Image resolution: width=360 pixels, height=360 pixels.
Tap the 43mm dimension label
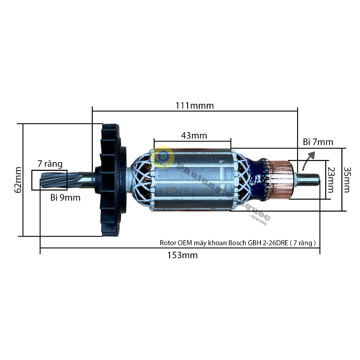point(194,135)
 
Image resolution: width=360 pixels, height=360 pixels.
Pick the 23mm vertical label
point(330,180)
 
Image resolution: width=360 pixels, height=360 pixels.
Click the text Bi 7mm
point(318,142)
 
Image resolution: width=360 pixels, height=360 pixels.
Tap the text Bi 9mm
point(65,198)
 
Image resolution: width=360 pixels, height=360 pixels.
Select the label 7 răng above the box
point(50,164)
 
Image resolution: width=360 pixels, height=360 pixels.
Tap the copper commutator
point(280,179)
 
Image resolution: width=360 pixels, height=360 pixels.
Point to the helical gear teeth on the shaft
point(53,180)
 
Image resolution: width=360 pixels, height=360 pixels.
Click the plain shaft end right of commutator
point(309,179)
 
